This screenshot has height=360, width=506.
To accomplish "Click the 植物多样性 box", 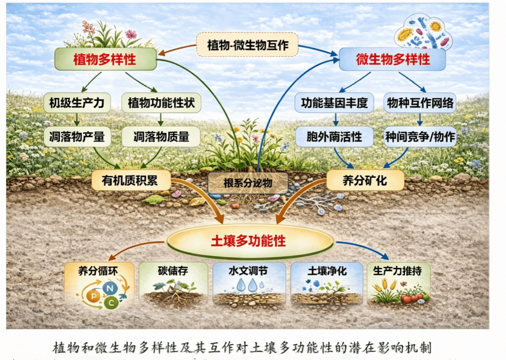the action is pyautogui.click(x=106, y=59).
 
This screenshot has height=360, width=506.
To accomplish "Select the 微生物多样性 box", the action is pyautogui.click(x=393, y=59).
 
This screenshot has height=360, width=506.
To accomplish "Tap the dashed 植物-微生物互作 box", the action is pyautogui.click(x=247, y=44).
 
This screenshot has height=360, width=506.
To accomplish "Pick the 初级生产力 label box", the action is pyautogui.click(x=77, y=103).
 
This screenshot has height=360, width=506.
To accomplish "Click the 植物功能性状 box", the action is pyautogui.click(x=161, y=103).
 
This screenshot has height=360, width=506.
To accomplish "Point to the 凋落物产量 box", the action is pyautogui.click(x=77, y=137).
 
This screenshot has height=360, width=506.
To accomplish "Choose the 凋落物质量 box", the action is pyautogui.click(x=161, y=137).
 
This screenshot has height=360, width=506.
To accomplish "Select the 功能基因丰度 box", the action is pyautogui.click(x=334, y=103).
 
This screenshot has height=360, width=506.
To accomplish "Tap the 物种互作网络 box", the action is pyautogui.click(x=420, y=103).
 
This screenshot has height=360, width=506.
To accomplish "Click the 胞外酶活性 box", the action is pyautogui.click(x=334, y=137).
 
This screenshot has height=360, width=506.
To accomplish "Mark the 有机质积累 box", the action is pyautogui.click(x=131, y=180).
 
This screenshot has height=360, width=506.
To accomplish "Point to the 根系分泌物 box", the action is pyautogui.click(x=248, y=183).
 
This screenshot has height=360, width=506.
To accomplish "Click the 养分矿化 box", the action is pyautogui.click(x=365, y=180).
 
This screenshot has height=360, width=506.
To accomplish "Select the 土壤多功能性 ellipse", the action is pyautogui.click(x=250, y=241).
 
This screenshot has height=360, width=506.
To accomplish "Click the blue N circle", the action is pyautogui.click(x=110, y=288).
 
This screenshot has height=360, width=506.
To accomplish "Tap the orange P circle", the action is pyautogui.click(x=93, y=296).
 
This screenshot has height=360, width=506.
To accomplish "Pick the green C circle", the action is pyautogui.click(x=111, y=303).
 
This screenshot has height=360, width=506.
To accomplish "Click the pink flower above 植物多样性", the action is pyautogui.click(x=131, y=34).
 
